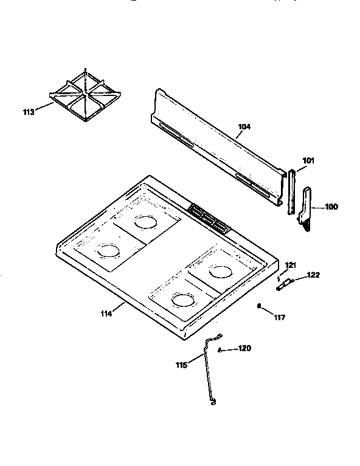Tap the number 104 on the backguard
click(x=244, y=127)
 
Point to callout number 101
click(x=308, y=161)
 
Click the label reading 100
click(x=331, y=207)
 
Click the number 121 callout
click(x=290, y=264)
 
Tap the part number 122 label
click(x=313, y=275)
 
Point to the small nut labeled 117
click(x=260, y=307)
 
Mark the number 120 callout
click(x=244, y=349)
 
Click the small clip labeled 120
click(x=220, y=350)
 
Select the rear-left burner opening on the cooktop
click(x=146, y=222)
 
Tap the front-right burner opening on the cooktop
click(x=182, y=299)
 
